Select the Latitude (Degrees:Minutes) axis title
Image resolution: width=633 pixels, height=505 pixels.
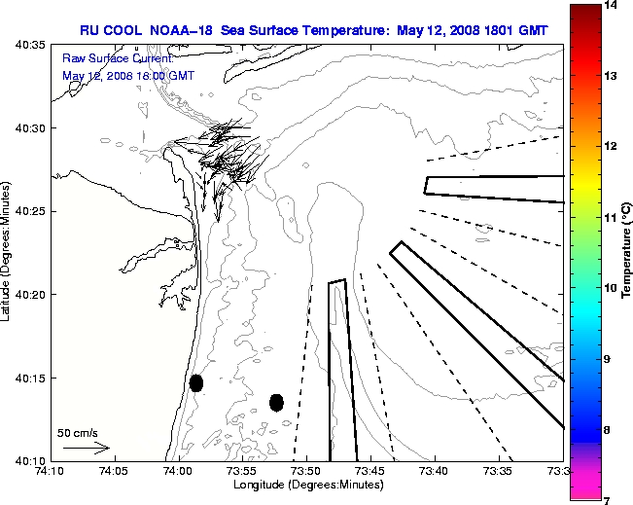[x=8, y=252]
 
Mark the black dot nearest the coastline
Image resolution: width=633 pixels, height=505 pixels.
[x=196, y=383]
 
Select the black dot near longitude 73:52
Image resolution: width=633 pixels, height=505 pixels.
[x=276, y=402]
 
